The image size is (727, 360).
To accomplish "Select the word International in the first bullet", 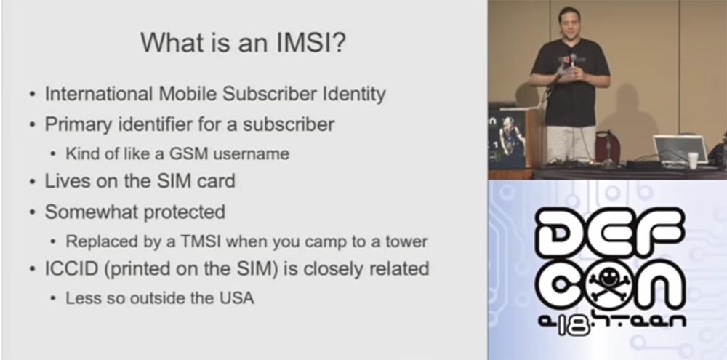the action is click(99, 94).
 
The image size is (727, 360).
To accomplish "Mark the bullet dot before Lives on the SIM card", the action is click(32, 182).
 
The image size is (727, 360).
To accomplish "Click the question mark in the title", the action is click(340, 42).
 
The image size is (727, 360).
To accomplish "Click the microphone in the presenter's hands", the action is click(573, 61).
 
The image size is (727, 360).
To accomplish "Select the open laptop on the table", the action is click(680, 148).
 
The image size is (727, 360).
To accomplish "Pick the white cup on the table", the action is click(693, 160).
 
